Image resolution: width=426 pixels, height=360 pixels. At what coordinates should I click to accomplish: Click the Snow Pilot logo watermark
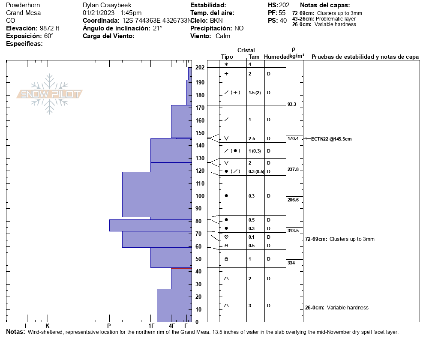[x=50, y=94]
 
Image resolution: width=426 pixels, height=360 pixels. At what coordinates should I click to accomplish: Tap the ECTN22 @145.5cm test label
[x=331, y=139]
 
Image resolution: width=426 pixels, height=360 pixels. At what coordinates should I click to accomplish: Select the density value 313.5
[x=293, y=231]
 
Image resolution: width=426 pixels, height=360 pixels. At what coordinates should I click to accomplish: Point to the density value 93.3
[x=292, y=104]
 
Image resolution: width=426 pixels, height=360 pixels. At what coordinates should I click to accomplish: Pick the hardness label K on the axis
[x=47, y=326]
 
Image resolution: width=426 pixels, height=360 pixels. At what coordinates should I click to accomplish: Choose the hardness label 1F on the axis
[x=151, y=326]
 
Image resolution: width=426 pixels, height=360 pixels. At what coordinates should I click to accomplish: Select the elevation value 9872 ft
[x=50, y=28]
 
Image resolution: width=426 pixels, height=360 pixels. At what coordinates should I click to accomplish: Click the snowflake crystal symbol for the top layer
[x=226, y=64]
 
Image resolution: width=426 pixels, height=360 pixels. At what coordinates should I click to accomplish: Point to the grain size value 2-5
[x=252, y=139]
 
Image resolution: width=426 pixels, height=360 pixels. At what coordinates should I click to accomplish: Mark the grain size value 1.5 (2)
[x=255, y=93]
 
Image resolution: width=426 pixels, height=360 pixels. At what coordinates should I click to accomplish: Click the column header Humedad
[x=276, y=57]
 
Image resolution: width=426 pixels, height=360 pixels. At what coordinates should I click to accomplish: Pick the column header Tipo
[x=227, y=57]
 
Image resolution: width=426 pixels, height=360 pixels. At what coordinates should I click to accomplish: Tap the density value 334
[x=291, y=263]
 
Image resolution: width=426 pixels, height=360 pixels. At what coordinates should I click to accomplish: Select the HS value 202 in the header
[x=284, y=5]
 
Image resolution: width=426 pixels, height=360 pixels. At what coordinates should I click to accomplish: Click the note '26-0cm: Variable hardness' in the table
[x=336, y=308]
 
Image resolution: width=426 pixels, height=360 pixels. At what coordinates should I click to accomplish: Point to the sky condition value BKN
[x=216, y=21]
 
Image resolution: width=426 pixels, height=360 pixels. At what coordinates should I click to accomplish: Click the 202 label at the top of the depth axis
[x=200, y=68]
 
